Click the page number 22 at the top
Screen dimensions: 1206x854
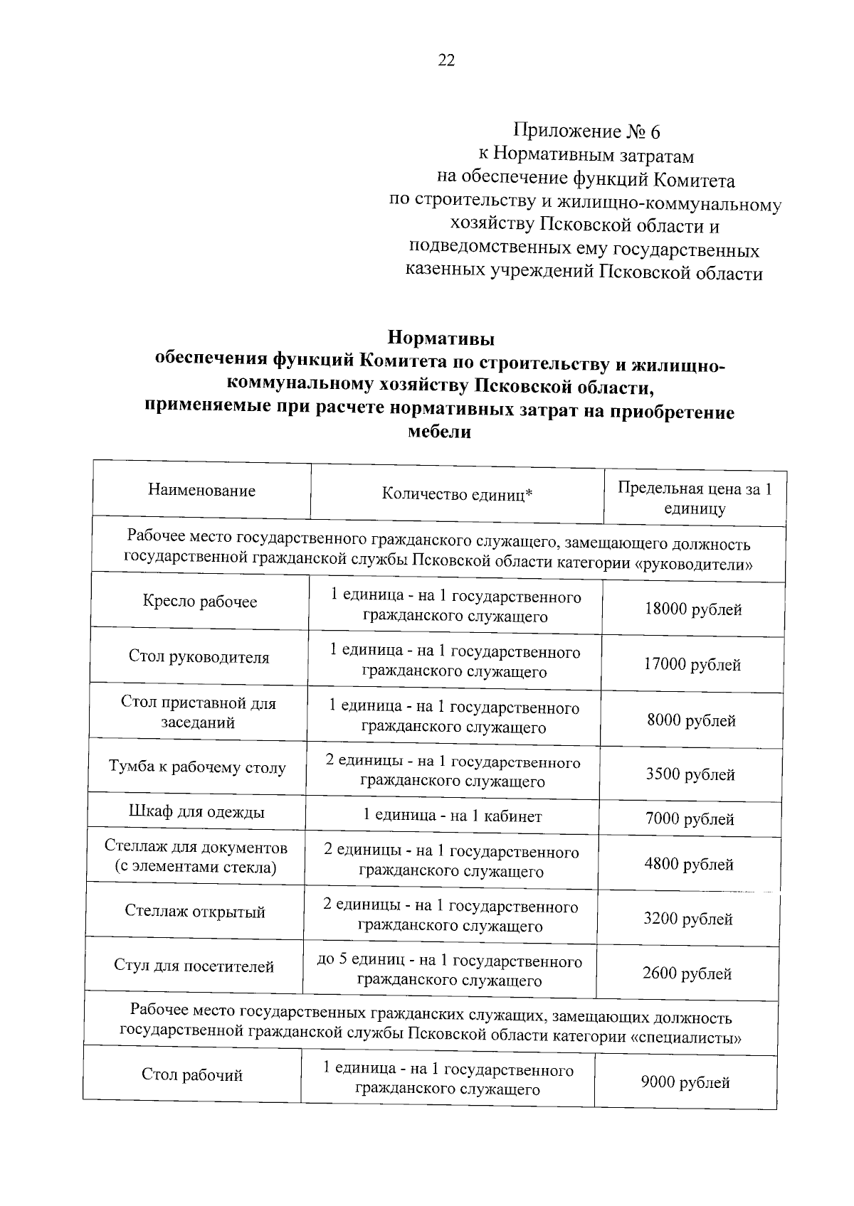[446, 60]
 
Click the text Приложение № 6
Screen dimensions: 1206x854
[587, 132]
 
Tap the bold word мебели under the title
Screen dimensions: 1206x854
[439, 431]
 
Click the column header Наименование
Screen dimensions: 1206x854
[201, 490]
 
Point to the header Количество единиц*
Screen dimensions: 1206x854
[457, 494]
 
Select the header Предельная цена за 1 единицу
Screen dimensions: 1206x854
[694, 498]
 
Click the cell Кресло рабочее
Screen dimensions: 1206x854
[199, 602]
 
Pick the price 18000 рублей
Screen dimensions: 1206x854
[692, 609]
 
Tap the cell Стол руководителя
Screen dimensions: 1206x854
[199, 657]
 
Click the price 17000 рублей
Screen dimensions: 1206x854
[692, 665]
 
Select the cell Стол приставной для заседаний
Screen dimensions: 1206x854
[198, 713]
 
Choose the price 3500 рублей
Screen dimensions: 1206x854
[690, 774]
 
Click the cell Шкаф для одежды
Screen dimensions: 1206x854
[196, 812]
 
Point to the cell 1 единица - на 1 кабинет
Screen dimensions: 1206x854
[452, 816]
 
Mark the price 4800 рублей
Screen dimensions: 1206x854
[688, 865]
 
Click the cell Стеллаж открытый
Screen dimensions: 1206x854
[195, 912]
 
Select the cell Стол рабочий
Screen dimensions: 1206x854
[192, 1075]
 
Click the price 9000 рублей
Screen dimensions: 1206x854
[685, 1083]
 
